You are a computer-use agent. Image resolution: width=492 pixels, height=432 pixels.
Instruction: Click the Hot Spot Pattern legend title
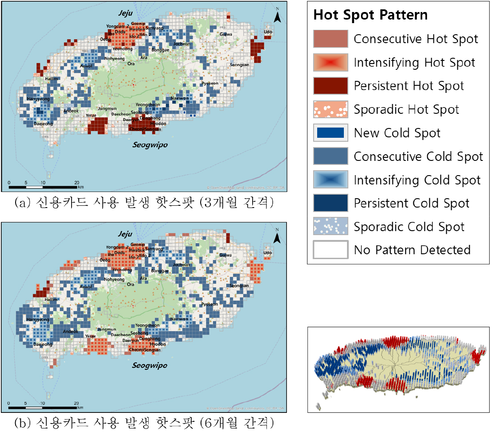371,15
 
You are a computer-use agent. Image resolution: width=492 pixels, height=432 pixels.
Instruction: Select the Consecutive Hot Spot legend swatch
331,39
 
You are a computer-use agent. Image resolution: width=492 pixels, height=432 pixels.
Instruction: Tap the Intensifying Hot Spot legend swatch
331,62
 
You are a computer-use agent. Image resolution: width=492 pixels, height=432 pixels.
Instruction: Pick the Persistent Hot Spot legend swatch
331,86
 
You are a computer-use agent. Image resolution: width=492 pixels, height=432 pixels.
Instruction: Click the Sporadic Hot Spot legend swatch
331,109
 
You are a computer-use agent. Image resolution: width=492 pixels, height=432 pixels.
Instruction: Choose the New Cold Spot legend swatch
331,133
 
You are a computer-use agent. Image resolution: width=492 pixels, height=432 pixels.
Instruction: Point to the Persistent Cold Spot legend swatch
331,203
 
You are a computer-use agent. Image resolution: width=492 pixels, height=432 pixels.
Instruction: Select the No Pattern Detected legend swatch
331,250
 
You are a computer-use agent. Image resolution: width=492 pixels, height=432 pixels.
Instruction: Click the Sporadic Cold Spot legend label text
409,227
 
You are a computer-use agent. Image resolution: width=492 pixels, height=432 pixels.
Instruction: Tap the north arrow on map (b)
277,237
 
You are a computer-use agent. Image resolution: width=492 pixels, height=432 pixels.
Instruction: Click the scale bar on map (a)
43,184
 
